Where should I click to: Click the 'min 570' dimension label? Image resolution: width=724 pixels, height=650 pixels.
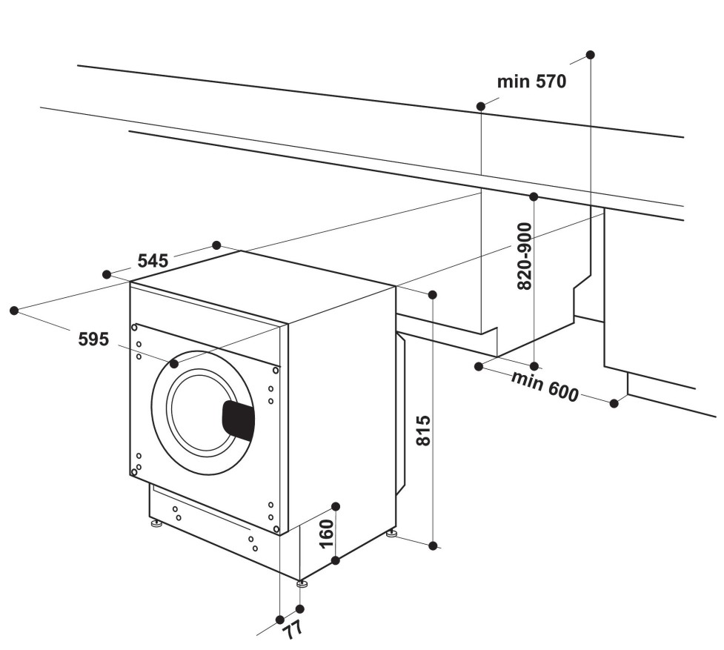click(x=531, y=82)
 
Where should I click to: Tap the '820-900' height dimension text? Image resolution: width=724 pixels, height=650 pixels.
click(x=525, y=256)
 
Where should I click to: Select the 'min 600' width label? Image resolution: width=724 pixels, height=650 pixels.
click(x=545, y=385)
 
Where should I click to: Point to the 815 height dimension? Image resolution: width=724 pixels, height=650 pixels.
click(x=423, y=431)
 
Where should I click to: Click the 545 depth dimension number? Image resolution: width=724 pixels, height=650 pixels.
click(x=153, y=260)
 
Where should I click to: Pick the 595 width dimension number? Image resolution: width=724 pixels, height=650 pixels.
click(x=93, y=339)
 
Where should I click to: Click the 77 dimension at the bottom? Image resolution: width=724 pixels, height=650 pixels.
click(x=291, y=631)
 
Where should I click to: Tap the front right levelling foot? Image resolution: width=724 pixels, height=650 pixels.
click(x=302, y=584)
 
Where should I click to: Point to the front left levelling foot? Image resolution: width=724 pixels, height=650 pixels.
click(x=156, y=525)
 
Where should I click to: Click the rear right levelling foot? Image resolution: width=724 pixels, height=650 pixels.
click(x=391, y=532)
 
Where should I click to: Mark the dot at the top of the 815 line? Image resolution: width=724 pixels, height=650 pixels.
click(x=433, y=295)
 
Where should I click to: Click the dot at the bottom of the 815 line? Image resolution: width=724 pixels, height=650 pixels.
click(x=433, y=545)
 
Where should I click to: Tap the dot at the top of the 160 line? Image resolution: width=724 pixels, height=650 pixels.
click(x=335, y=506)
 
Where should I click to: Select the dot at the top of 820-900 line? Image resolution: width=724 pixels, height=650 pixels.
click(x=534, y=196)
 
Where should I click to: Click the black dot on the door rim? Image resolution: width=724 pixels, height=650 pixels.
click(x=174, y=364)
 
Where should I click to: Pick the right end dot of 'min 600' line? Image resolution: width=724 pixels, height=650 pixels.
click(x=614, y=402)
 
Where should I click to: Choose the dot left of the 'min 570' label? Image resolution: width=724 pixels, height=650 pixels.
click(x=481, y=107)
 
